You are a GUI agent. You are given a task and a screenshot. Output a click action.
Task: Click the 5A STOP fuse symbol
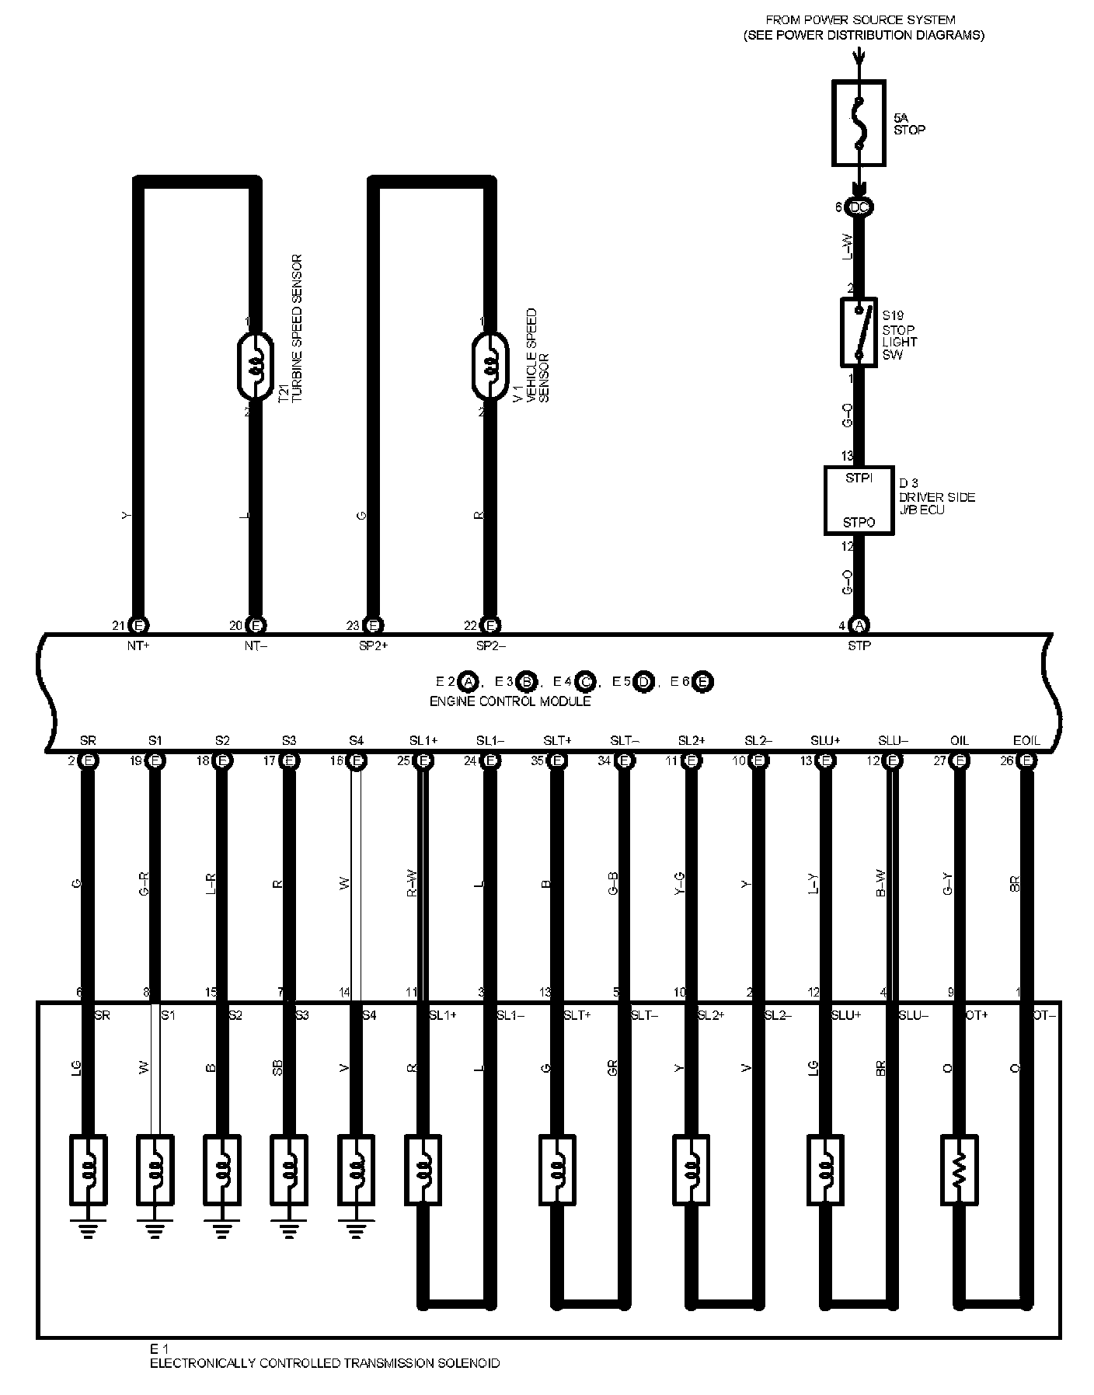(x=859, y=123)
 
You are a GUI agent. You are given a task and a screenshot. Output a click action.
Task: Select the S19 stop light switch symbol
(x=859, y=332)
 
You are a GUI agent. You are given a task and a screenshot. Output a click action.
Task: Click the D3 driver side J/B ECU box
(x=859, y=500)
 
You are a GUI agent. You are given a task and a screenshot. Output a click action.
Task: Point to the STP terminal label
(x=859, y=645)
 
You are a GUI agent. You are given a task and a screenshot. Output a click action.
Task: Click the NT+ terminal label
(x=138, y=645)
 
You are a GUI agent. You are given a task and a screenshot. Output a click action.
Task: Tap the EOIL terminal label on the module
(x=1026, y=740)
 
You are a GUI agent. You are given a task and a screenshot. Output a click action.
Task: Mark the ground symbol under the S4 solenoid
(x=355, y=1230)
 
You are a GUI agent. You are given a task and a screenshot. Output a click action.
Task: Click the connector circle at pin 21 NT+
(x=138, y=625)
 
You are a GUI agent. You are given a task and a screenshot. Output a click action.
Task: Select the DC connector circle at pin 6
(x=859, y=207)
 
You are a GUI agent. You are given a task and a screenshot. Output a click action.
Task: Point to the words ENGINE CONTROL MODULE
(x=510, y=701)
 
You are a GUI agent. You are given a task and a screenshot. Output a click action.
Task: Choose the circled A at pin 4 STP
(x=859, y=625)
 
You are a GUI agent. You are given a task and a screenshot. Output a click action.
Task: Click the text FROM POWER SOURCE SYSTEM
(x=860, y=19)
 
